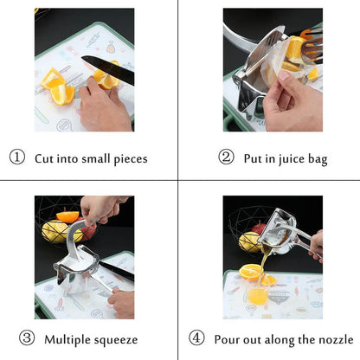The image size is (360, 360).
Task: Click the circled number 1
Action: click(x=16, y=158)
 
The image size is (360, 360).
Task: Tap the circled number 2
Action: click(x=226, y=158)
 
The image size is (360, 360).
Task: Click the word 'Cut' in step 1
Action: click(x=44, y=158)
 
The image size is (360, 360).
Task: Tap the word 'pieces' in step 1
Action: click(x=127, y=159)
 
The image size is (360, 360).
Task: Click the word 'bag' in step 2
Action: click(x=318, y=159)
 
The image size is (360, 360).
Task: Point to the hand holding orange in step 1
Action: click(x=100, y=105)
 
